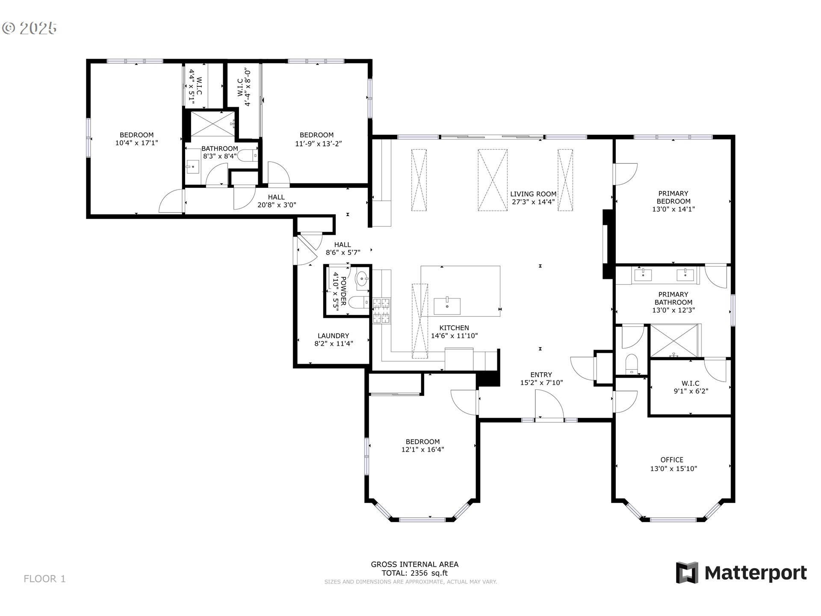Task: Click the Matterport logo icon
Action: coord(687,572)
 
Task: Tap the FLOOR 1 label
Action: coord(44,579)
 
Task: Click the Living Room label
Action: coord(533,194)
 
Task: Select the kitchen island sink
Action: coord(447,306)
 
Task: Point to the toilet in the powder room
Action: coord(358,302)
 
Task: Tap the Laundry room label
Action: coord(333,336)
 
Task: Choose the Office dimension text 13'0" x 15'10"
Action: coord(673,468)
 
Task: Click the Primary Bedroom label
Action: coord(673,197)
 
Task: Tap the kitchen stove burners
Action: coord(381,311)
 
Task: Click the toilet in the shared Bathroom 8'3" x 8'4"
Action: coord(248,155)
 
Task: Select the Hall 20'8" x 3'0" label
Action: coord(276,201)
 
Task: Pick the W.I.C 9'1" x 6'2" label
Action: coord(691,387)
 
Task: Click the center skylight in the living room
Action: coord(493,180)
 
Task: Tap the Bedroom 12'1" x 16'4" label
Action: coord(422,445)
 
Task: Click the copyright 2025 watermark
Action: coord(30,28)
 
